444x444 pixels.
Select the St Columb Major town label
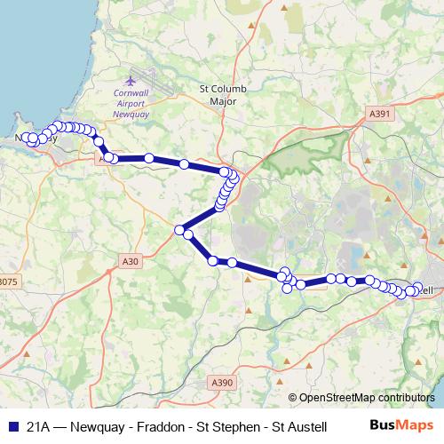pos(219,95)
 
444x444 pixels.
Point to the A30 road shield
pos(130,261)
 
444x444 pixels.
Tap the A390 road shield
pos(222,382)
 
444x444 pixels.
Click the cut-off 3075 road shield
pos(8,281)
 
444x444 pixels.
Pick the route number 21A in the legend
pos(37,425)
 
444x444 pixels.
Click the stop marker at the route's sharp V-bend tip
pos(180,230)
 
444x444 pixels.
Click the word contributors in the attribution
pos(404,398)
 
